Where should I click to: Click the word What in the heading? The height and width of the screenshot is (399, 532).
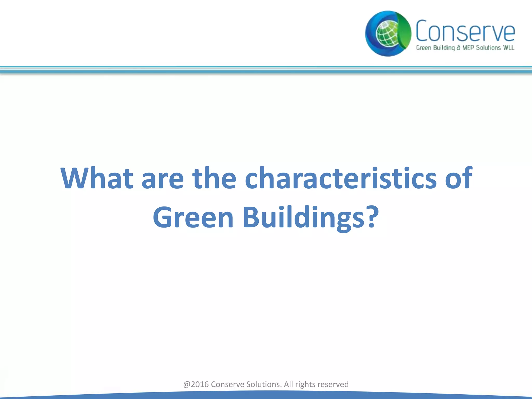point(97,178)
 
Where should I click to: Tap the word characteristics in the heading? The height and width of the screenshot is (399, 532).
point(341,178)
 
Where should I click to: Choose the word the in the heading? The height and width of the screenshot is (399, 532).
point(214,178)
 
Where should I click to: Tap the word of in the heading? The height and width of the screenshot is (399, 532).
point(458,178)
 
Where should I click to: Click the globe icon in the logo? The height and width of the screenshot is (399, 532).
point(387,34)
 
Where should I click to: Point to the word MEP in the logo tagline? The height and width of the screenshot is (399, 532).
point(468,48)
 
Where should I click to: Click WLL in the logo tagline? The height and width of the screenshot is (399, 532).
point(508,48)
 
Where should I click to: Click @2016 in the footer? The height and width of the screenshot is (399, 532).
point(196,384)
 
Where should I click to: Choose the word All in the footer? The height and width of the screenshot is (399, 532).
point(288,384)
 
